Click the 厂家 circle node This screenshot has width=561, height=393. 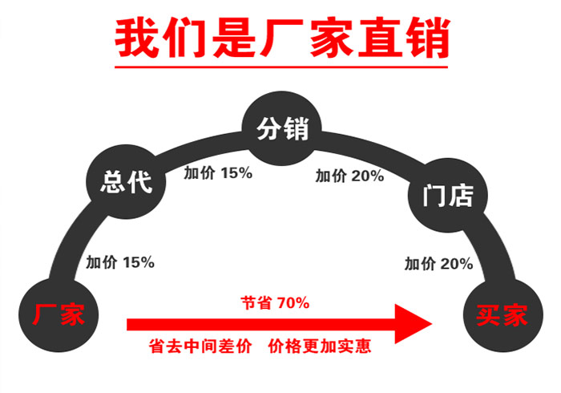point(59,315)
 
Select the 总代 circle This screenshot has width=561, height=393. point(126,182)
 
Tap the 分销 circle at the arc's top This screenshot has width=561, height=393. point(282,128)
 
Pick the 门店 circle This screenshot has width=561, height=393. point(448,196)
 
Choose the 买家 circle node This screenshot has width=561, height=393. point(503,315)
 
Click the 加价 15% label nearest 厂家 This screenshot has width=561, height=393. point(120,262)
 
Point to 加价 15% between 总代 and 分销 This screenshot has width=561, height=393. point(218,173)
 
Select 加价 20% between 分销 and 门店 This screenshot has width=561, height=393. point(349,176)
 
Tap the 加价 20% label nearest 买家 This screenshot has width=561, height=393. point(438,264)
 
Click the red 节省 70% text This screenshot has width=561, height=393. point(275,303)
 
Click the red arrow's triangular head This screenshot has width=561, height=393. point(414,324)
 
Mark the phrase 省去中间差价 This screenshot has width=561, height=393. point(200,346)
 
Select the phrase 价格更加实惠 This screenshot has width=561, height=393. point(320,346)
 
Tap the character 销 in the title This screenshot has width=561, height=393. point(428,38)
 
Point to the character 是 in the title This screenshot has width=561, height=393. point(234,38)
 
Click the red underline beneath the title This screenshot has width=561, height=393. point(281,67)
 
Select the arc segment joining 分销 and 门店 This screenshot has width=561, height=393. point(370,146)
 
